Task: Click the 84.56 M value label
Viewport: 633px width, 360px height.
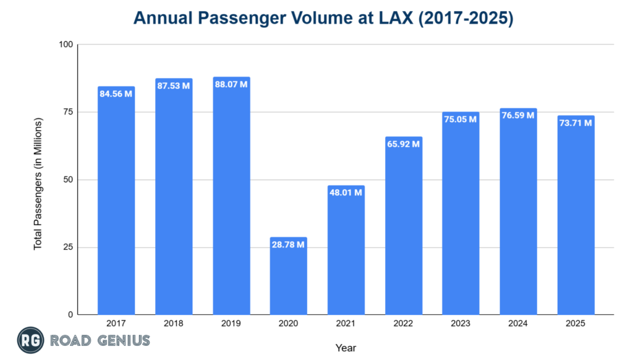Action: click(x=116, y=94)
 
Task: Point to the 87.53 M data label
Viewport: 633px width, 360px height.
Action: click(x=174, y=86)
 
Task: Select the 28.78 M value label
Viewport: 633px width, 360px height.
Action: click(x=289, y=245)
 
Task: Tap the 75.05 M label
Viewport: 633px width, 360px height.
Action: click(x=461, y=119)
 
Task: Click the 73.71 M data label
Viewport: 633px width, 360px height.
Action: click(x=576, y=123)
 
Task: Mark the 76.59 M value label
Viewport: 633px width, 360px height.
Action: click(x=518, y=116)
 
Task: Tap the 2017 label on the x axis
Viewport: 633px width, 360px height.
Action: click(x=116, y=324)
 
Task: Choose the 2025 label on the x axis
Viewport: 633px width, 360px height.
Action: click(x=576, y=324)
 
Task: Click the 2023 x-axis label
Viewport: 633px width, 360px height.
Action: click(x=461, y=324)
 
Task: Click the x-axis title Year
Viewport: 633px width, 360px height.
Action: click(x=346, y=348)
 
